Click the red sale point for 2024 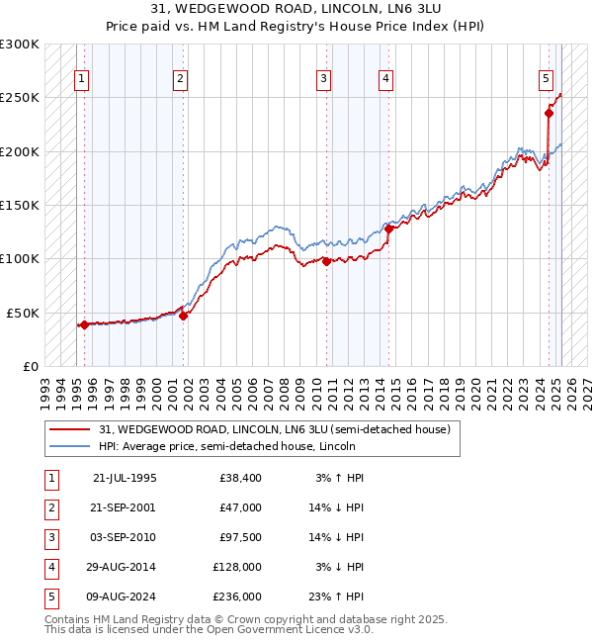(549, 113)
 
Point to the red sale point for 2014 (389, 229)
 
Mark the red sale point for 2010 (326, 261)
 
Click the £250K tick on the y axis (20, 98)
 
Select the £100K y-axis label (20, 258)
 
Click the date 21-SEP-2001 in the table (125, 507)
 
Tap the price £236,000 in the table (237, 597)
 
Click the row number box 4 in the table (49, 567)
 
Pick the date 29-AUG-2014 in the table (125, 567)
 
